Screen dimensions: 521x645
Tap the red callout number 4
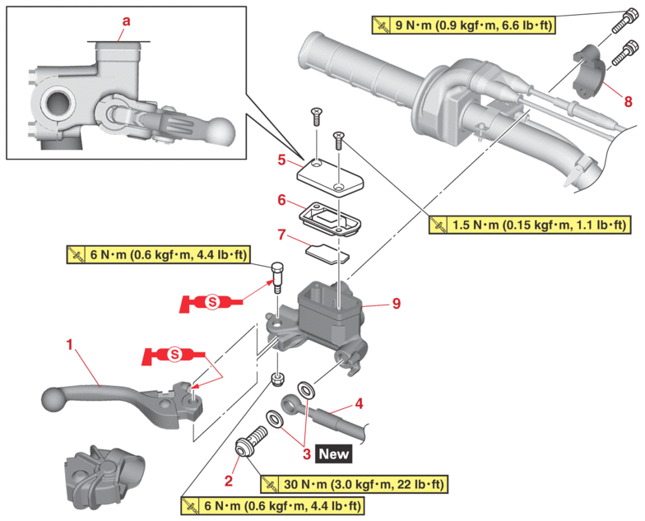pos(359,404)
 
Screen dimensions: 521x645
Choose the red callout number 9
pos(397,304)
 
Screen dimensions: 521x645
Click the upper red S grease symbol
pos(211,302)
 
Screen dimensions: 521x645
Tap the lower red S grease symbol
pos(173,356)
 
